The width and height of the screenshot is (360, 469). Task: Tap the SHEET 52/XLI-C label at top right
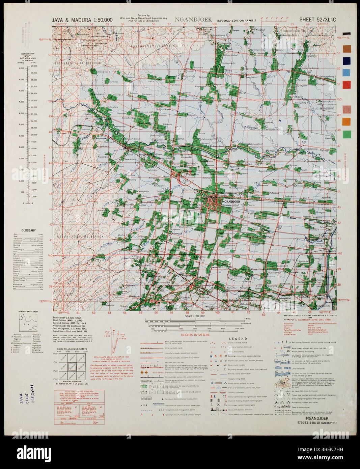point(318,20)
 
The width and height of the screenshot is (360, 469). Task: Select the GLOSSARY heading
point(28,230)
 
